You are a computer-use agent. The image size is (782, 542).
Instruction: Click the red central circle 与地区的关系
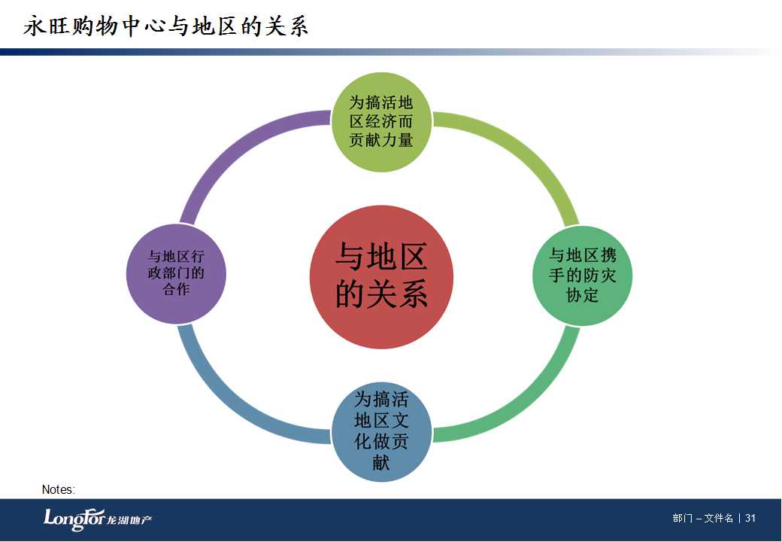pyautogui.click(x=381, y=277)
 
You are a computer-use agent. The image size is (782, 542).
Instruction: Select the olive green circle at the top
pyautogui.click(x=381, y=122)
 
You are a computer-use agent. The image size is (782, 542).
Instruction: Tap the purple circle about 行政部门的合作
pyautogui.click(x=176, y=273)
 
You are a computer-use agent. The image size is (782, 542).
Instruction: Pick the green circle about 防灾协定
pyautogui.click(x=583, y=276)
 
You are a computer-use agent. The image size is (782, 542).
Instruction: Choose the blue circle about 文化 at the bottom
pyautogui.click(x=381, y=431)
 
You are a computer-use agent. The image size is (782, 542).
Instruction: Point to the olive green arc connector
pyautogui.click(x=529, y=149)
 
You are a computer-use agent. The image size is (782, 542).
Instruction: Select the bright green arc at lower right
pyautogui.click(x=531, y=402)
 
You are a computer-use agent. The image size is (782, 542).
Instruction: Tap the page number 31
pyautogui.click(x=750, y=518)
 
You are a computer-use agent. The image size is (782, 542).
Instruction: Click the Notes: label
pyautogui.click(x=59, y=489)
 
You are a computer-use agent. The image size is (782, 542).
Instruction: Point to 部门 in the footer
pyautogui.click(x=682, y=518)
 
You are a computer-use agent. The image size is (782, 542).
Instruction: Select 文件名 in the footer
pyautogui.click(x=719, y=518)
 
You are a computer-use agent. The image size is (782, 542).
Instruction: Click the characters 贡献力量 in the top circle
pyautogui.click(x=381, y=140)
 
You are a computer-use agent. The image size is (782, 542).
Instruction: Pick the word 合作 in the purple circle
pyautogui.click(x=176, y=289)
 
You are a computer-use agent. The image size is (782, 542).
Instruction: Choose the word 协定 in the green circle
pyautogui.click(x=582, y=295)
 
